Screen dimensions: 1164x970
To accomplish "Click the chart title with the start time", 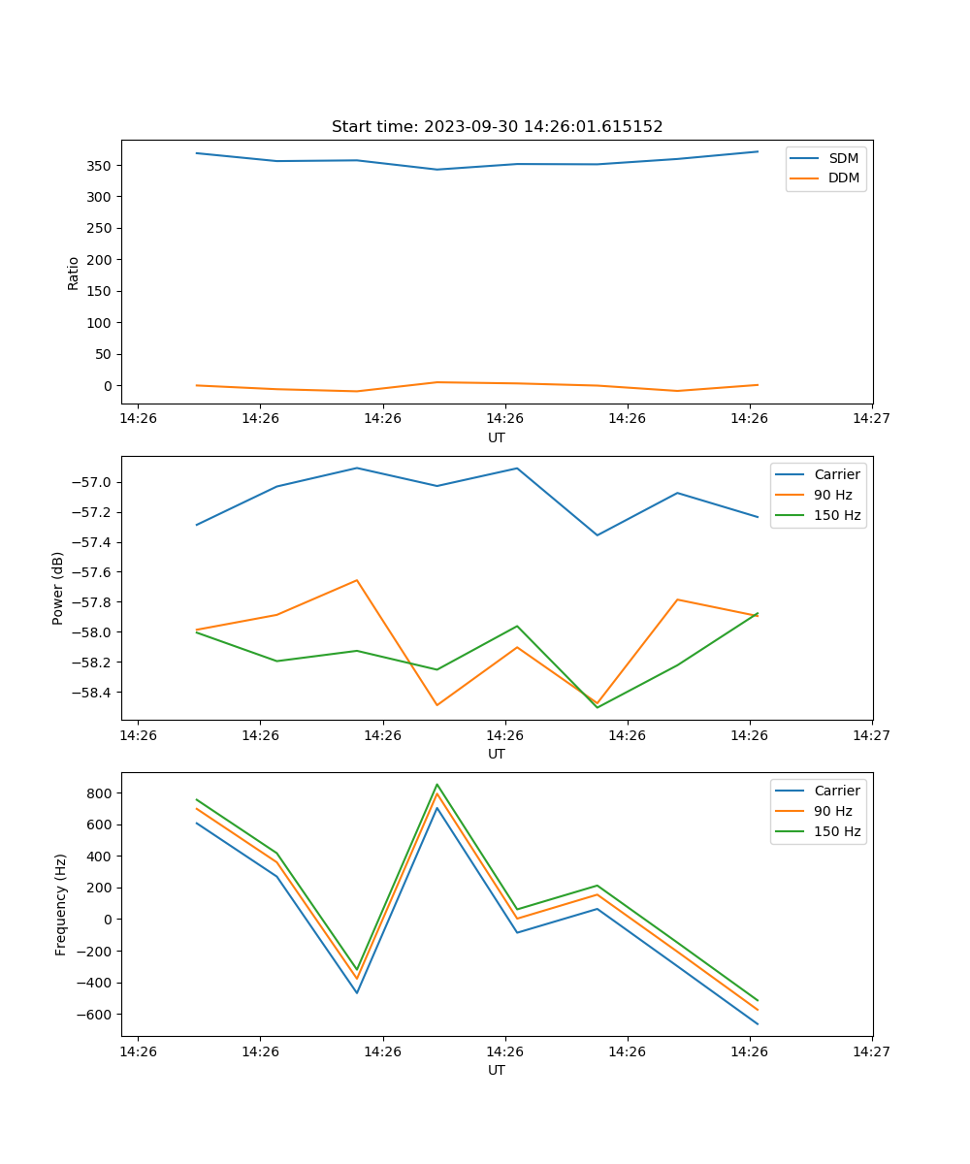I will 497,127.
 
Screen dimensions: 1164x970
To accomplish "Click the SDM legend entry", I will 843,158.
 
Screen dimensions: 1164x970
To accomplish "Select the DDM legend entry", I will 843,178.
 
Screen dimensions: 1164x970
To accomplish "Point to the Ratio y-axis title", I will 74,273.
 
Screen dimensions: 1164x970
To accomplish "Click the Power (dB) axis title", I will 58,588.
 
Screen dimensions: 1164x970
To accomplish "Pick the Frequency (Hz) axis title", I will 60,904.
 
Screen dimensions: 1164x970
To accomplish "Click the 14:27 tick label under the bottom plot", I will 871,1051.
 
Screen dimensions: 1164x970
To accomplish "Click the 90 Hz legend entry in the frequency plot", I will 832,811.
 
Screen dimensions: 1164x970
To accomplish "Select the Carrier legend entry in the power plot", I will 836,474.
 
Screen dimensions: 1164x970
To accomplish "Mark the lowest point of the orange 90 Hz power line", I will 436,705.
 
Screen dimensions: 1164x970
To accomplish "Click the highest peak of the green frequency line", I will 436,784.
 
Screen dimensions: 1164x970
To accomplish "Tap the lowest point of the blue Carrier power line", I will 597,535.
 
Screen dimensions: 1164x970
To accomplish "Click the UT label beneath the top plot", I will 497,437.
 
